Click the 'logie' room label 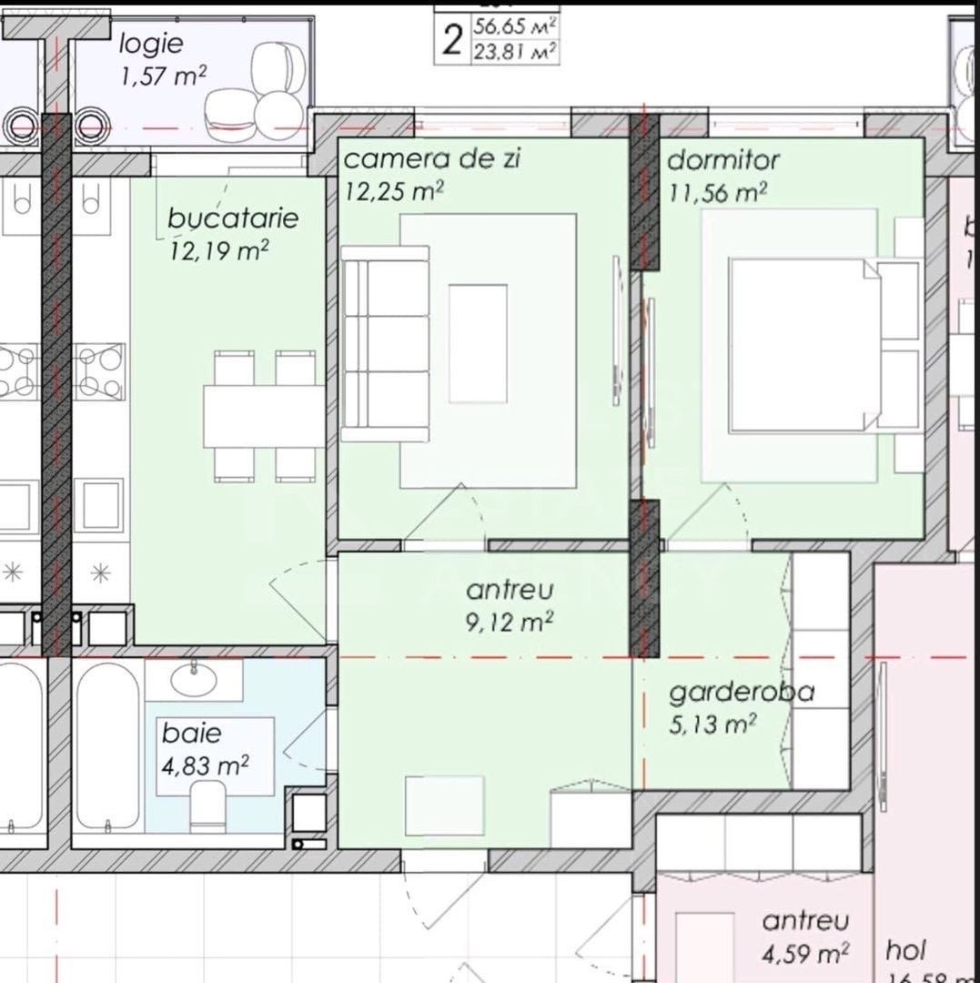pyautogui.click(x=151, y=43)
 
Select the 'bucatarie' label pyautogui.click(x=233, y=219)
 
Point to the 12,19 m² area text pyautogui.click(x=218, y=251)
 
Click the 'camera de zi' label pyautogui.click(x=431, y=159)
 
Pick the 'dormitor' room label pyautogui.click(x=723, y=160)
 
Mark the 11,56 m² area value pyautogui.click(x=717, y=192)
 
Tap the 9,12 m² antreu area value pyautogui.click(x=510, y=623)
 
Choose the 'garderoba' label pyautogui.click(x=742, y=693)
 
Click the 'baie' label pyautogui.click(x=192, y=733)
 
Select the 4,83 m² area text pyautogui.click(x=206, y=765)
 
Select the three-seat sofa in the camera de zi pyautogui.click(x=386, y=343)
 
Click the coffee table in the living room pyautogui.click(x=478, y=343)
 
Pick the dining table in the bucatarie pyautogui.click(x=263, y=415)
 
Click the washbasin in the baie pyautogui.click(x=193, y=678)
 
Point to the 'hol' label pyautogui.click(x=905, y=952)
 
